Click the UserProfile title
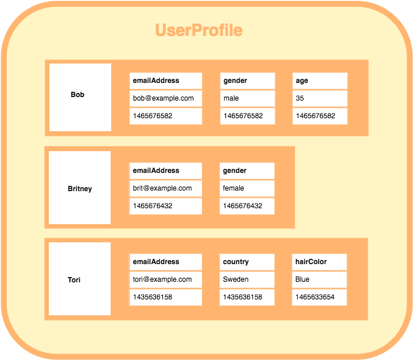(x=199, y=31)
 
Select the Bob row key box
(x=80, y=97)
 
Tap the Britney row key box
(x=79, y=188)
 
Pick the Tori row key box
(x=79, y=279)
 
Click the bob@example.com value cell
(x=165, y=98)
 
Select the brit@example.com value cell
(x=165, y=188)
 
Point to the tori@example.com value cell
(x=165, y=279)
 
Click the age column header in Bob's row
(x=319, y=81)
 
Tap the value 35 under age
(x=319, y=98)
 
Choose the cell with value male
(x=247, y=98)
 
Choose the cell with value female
(x=247, y=188)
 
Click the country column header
(x=247, y=262)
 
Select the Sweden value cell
(x=247, y=279)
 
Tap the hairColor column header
(x=319, y=262)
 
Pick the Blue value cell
(x=319, y=279)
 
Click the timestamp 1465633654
(x=319, y=297)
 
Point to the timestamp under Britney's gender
(x=247, y=206)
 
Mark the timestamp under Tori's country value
(x=247, y=297)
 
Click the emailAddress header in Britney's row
(x=165, y=171)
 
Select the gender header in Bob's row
(x=247, y=81)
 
